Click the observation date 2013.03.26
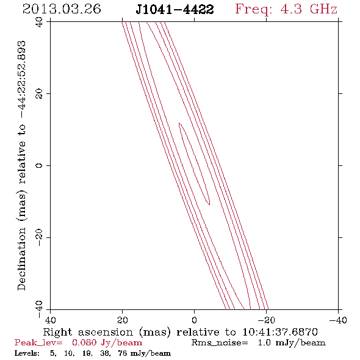coord(62,9)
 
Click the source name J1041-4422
coord(175,10)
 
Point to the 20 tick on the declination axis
coord(39,94)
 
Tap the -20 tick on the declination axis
coord(39,237)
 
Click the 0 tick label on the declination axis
coord(39,165)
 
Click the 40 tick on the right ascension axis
coord(50,320)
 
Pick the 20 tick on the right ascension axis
coord(123,320)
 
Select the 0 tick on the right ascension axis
coord(195,320)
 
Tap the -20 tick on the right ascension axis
coord(266,320)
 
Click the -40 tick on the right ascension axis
coord(338,320)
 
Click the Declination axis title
coord(22,165)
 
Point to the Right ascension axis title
coord(180,332)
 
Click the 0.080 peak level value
coord(84,342)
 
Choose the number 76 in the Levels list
coord(123,353)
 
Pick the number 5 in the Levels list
coord(53,353)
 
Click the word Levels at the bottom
coord(27,353)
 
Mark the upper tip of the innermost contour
coord(179,123)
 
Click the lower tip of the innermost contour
coord(209,204)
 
